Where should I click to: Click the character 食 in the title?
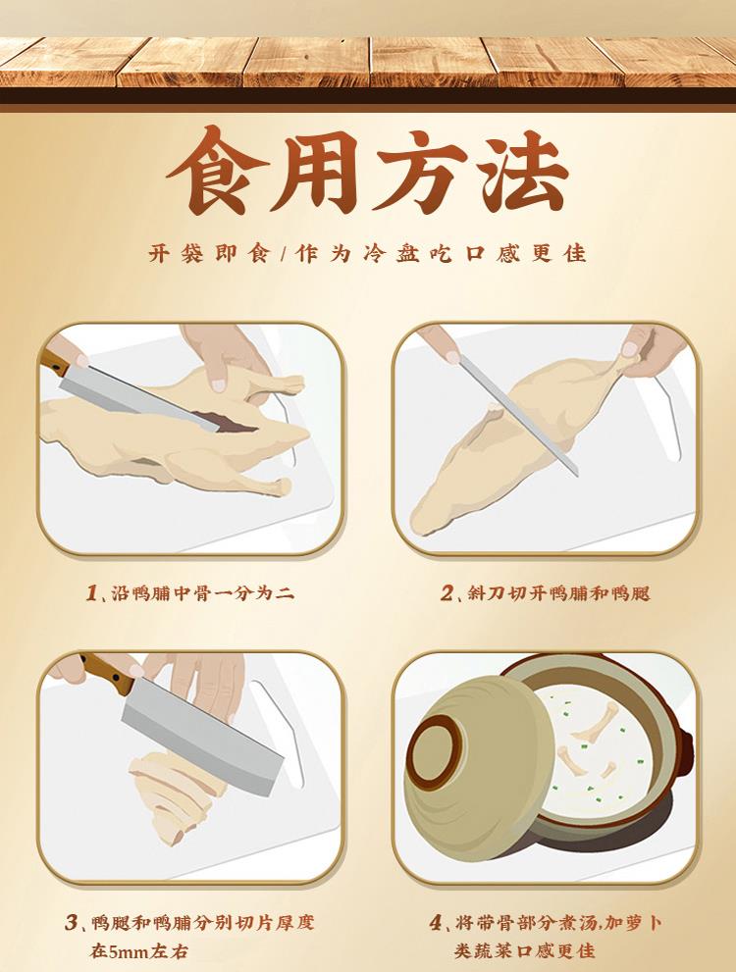[x=218, y=170]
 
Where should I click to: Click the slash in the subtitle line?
[x=283, y=253]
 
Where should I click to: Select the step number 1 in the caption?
[x=91, y=592]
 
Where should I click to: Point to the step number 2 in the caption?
[x=447, y=592]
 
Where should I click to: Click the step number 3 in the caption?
[x=72, y=922]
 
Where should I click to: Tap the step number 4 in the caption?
[x=437, y=922]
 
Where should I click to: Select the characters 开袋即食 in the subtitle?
[x=210, y=253]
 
